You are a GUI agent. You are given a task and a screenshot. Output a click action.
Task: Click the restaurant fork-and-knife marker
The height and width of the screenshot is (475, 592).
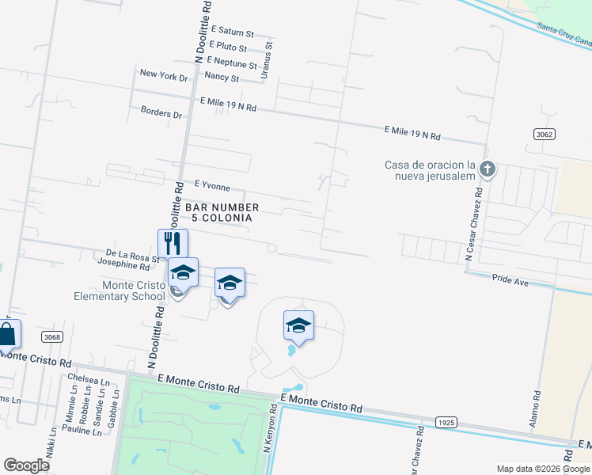[x=173, y=242]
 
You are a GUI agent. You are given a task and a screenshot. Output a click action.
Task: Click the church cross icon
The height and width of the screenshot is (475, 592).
[x=488, y=169]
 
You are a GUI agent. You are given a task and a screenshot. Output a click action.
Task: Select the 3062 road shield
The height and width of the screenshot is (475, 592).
[x=543, y=135]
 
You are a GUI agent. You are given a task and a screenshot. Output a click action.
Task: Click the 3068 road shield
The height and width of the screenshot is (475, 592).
[x=52, y=337]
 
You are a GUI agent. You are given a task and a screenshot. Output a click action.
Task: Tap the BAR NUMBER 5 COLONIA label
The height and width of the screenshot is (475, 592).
[x=222, y=212]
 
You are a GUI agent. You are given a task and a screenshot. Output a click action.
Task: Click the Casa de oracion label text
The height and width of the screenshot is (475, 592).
[x=429, y=169]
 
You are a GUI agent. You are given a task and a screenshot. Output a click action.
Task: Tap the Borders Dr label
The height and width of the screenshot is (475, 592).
[x=161, y=114]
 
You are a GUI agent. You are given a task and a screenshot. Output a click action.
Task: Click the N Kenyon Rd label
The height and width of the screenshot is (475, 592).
[x=269, y=428]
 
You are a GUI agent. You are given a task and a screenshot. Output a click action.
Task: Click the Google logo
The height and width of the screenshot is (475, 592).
[x=26, y=465]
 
